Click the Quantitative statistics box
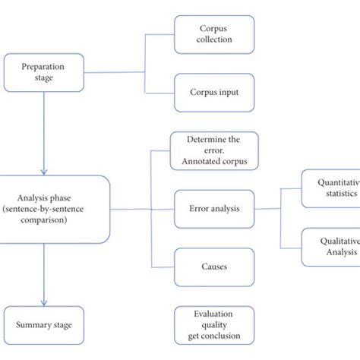coord(331,188)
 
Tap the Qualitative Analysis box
coord(331,247)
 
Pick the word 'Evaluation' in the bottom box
coord(213,313)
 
